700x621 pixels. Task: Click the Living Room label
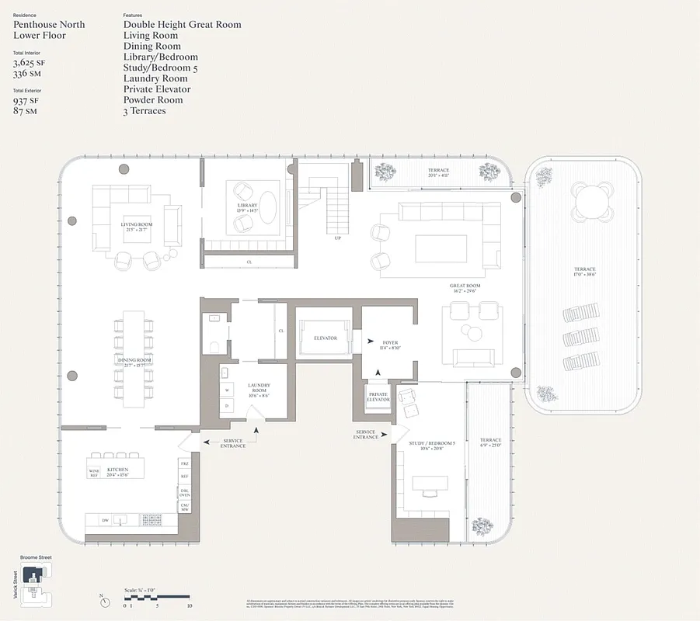coord(136,225)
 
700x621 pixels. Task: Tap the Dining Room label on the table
coord(134,361)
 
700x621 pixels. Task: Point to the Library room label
coord(247,206)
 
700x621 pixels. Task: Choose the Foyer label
coord(389,342)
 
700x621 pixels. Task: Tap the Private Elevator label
coord(378,397)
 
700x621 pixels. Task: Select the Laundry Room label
coord(258,388)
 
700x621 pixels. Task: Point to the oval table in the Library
coord(266,207)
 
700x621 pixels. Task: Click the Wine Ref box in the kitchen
coord(95,471)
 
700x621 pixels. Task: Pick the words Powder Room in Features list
coord(153,100)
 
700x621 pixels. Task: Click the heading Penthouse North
coord(49,25)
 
